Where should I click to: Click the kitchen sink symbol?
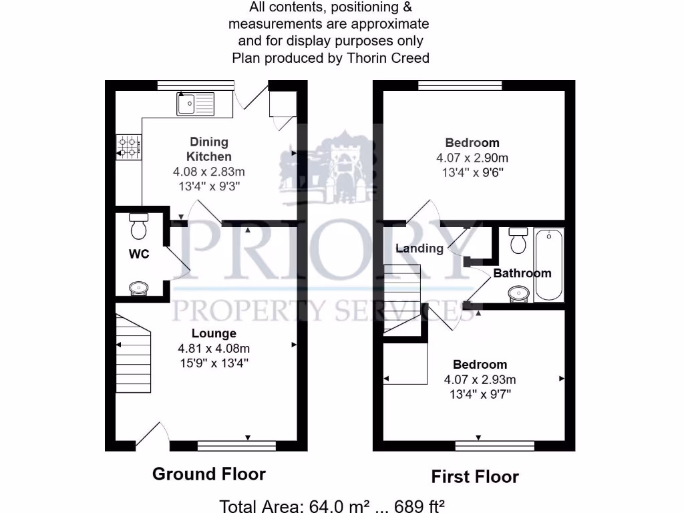pos(195,104)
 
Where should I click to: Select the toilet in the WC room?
pos(138,226)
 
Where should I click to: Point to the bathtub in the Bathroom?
pos(548,265)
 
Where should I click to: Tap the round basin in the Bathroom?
pos(518,293)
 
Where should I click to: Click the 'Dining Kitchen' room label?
pos(209,149)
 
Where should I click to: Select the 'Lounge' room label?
pos(214,333)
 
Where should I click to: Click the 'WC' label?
pos(139,254)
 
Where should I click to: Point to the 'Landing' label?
pos(419,248)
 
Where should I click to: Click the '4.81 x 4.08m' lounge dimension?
pos(214,348)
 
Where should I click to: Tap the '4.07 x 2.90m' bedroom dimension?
pos(472,158)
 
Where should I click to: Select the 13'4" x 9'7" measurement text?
pos(480,393)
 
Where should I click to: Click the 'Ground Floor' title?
pos(209,474)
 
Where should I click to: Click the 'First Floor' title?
pos(475,476)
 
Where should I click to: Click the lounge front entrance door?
pos(150,436)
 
